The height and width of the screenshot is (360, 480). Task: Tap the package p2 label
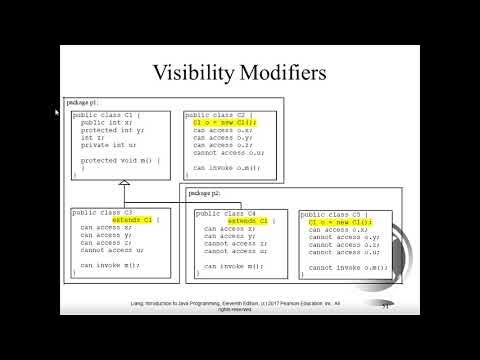tap(204, 192)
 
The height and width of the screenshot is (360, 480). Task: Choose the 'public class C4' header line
tap(229, 213)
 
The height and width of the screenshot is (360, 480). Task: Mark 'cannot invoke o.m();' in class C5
tap(347, 268)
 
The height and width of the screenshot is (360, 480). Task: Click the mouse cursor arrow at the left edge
tap(56, 112)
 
